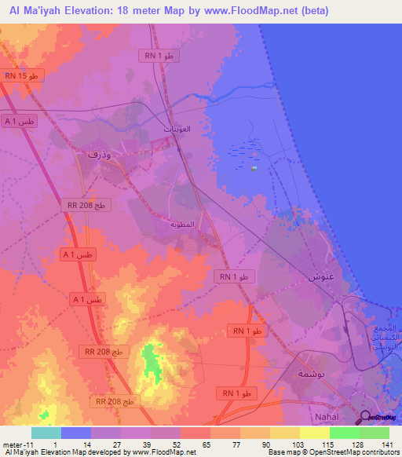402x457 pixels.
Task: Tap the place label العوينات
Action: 177,128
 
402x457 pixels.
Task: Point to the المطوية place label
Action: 182,225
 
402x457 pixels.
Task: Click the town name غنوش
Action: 312,276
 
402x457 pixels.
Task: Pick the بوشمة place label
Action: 311,374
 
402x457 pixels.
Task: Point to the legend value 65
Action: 185,444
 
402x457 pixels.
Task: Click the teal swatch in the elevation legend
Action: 46,433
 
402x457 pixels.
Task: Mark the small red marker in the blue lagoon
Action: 254,167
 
